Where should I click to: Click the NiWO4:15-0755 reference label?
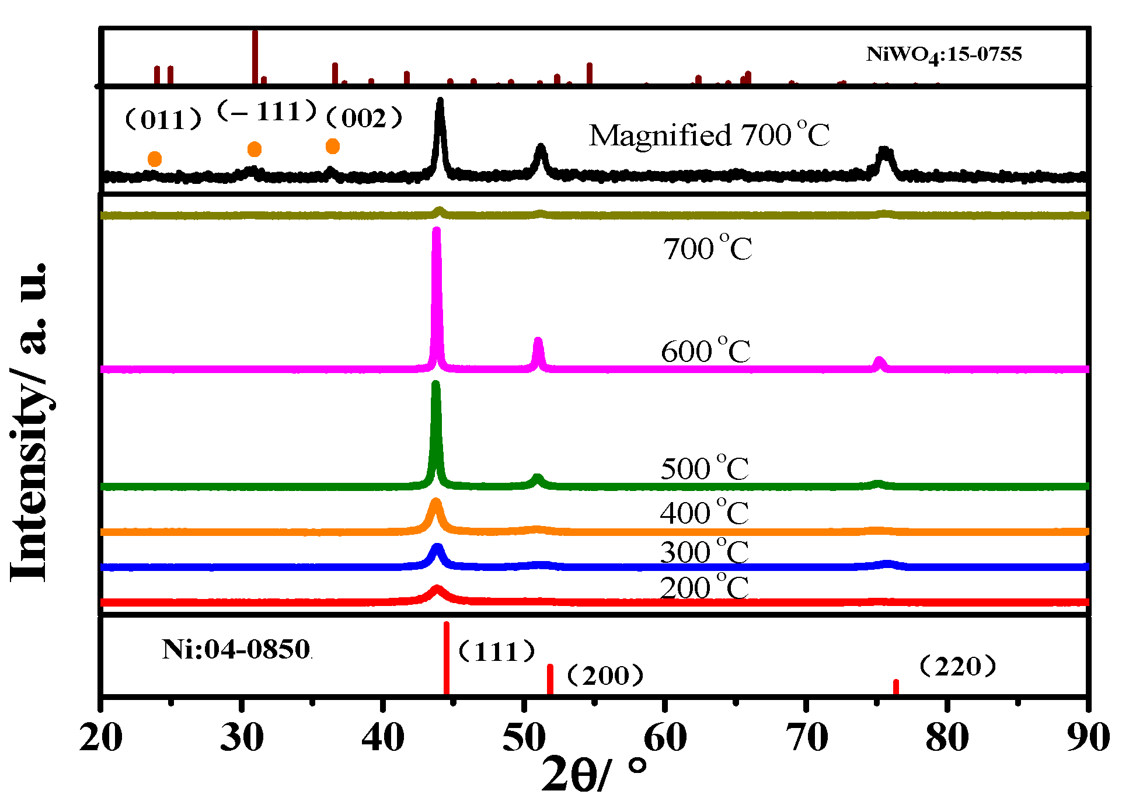(943, 55)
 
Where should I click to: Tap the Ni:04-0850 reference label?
(236, 649)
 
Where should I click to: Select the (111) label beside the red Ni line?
(497, 652)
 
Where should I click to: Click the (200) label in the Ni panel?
(605, 675)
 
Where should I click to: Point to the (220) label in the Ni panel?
(957, 666)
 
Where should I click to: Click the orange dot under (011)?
(155, 159)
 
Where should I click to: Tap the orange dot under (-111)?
(255, 149)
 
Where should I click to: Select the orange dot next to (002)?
(333, 146)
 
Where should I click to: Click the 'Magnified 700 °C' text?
(709, 135)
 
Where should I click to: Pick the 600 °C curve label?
(706, 351)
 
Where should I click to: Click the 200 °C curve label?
(704, 587)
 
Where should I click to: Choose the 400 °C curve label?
(704, 513)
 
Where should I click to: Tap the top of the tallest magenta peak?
(436, 231)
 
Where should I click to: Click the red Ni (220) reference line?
(896, 687)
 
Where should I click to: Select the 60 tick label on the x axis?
(665, 737)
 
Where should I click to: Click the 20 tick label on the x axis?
(101, 737)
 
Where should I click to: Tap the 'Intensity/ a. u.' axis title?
(29, 422)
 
